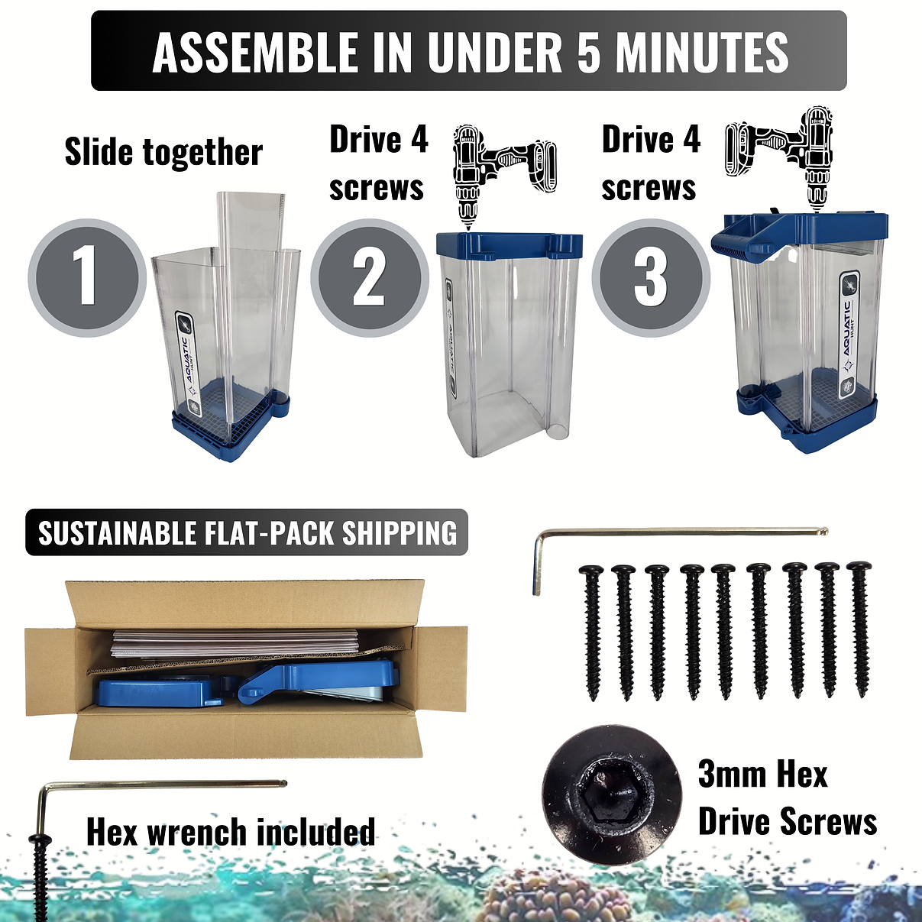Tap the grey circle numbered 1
click(87, 278)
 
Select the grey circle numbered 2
click(370, 278)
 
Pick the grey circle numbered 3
click(651, 278)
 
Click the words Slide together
click(163, 152)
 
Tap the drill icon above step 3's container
click(779, 160)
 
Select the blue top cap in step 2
click(510, 245)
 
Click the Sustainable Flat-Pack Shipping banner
click(247, 532)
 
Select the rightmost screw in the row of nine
click(859, 629)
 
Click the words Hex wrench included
click(231, 832)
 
